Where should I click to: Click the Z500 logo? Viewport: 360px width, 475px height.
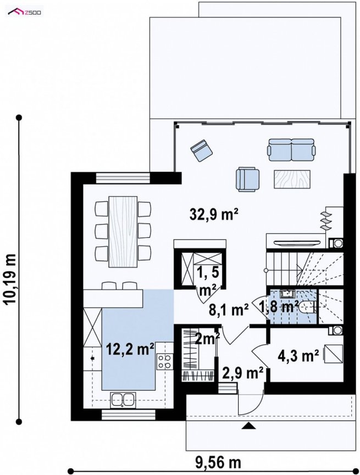25,13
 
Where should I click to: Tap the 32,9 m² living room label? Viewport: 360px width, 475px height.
213,215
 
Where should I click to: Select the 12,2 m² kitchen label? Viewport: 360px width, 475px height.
130,349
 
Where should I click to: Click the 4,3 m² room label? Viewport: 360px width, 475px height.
298,356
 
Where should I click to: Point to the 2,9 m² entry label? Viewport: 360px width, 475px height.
242,373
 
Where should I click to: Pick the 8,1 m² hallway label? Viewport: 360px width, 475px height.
229,310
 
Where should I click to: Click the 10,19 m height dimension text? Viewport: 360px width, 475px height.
10,279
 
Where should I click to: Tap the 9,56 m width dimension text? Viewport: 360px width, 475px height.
218,462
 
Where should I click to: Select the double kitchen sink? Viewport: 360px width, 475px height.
123,399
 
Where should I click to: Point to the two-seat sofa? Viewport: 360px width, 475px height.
291,149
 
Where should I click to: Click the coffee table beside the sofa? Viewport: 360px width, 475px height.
292,179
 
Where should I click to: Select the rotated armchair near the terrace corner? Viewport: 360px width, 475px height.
201,150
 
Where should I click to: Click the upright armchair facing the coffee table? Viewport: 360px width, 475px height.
248,180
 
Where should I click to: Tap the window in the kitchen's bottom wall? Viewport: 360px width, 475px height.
128,415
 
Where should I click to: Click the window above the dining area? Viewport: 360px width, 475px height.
123,178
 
